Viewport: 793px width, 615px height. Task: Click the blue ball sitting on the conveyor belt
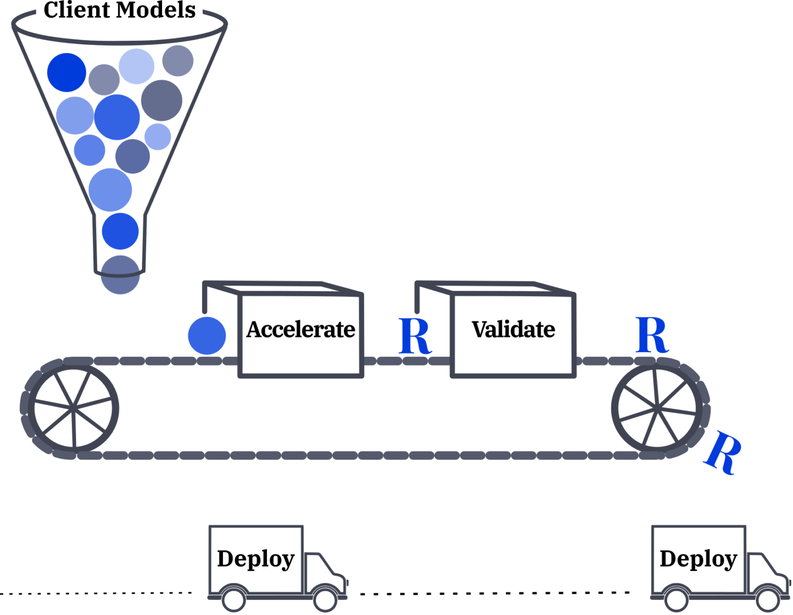pos(207,336)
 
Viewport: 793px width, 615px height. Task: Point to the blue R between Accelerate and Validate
pos(415,336)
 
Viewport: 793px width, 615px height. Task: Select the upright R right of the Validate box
pos(652,335)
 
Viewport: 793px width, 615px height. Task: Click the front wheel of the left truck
pos(325,600)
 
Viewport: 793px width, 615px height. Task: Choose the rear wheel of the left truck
pos(233,600)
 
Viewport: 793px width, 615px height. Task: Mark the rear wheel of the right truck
pos(676,600)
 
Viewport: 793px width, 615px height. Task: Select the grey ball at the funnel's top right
pos(178,60)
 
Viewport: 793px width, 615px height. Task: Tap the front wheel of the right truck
pos(768,600)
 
